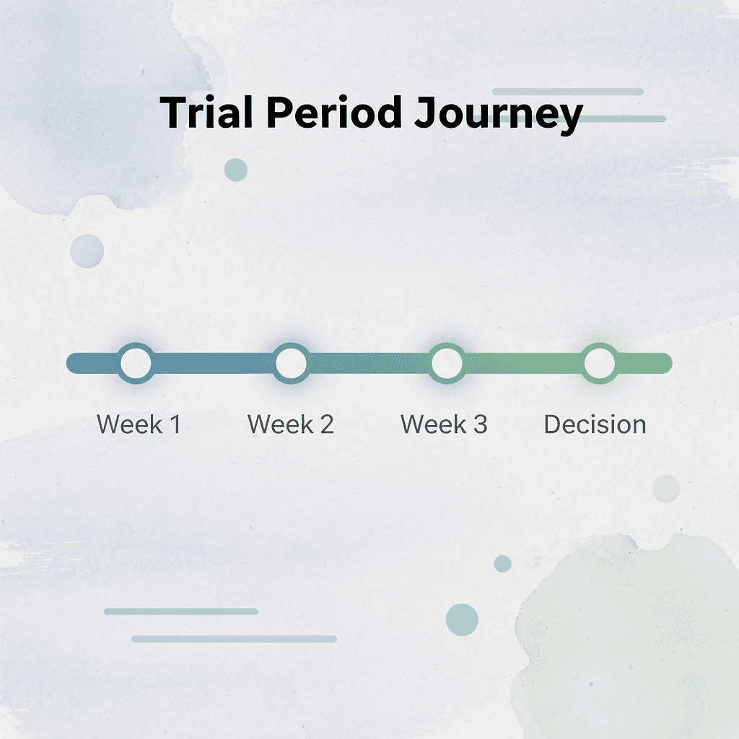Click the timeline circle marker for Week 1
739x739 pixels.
click(x=136, y=363)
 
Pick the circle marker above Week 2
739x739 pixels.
click(x=291, y=363)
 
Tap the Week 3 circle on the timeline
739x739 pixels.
click(x=446, y=363)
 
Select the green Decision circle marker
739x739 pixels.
click(x=600, y=363)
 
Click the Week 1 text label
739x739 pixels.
click(x=139, y=424)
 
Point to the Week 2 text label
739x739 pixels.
click(x=291, y=424)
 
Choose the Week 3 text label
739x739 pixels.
click(x=444, y=424)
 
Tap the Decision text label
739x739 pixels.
click(x=595, y=424)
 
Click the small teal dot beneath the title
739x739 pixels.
click(x=236, y=170)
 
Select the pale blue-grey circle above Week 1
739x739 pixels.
click(x=87, y=251)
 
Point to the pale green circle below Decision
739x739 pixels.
click(x=666, y=489)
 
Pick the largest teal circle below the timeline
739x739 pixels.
click(x=462, y=620)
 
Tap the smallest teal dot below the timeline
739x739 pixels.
click(x=503, y=564)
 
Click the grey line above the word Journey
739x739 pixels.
click(x=567, y=92)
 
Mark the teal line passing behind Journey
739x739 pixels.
click(x=628, y=118)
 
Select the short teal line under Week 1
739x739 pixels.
click(x=180, y=611)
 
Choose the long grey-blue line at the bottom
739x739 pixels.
click(x=234, y=639)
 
